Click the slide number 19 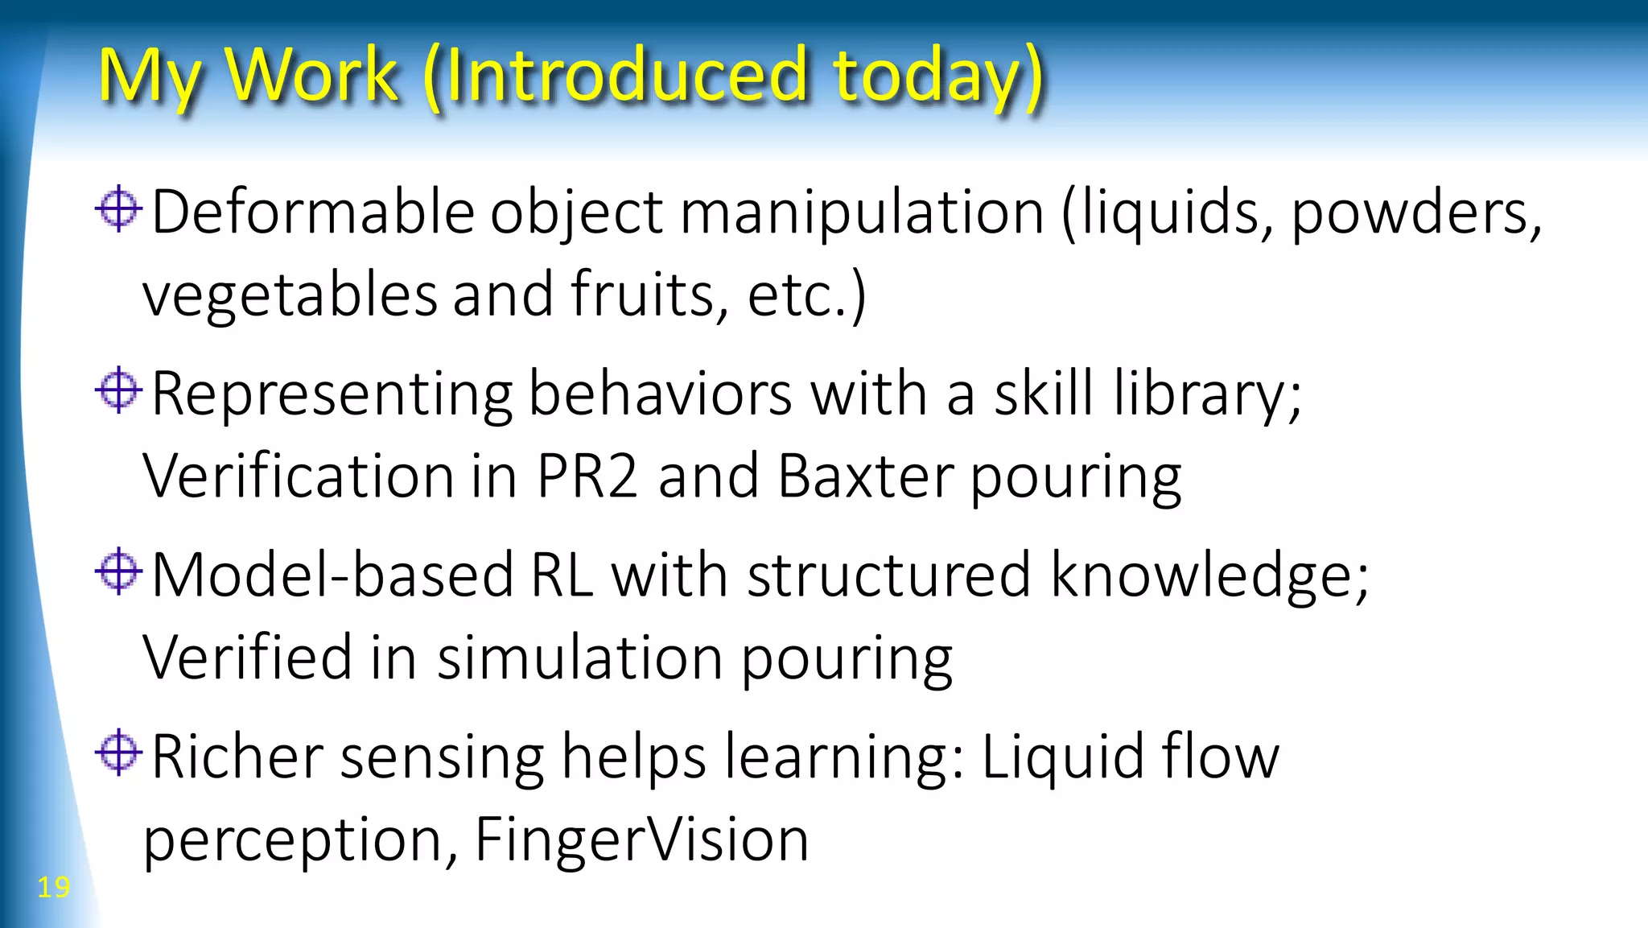click(x=53, y=887)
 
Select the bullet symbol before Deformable click(x=118, y=209)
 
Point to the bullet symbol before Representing click(x=118, y=390)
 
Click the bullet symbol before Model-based click(x=118, y=571)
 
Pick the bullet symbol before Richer click(x=118, y=753)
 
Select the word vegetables click(x=290, y=295)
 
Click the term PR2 click(x=587, y=476)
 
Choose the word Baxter click(x=866, y=476)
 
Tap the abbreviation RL click(x=562, y=575)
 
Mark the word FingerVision click(x=641, y=839)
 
